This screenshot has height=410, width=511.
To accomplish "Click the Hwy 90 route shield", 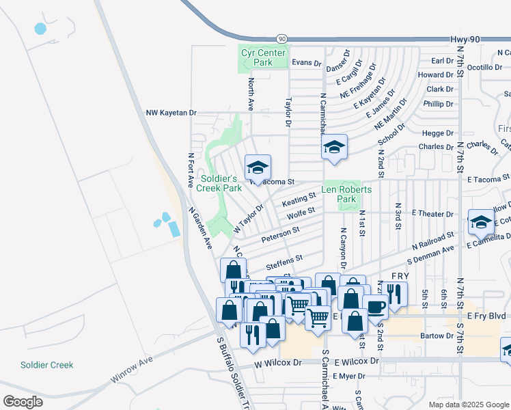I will pyautogui.click(x=281, y=40).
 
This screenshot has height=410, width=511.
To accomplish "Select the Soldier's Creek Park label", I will pyautogui.click(x=219, y=183).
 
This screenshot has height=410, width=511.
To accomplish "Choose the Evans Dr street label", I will pyautogui.click(x=307, y=63).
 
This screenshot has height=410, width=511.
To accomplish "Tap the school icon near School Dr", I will pyautogui.click(x=334, y=147).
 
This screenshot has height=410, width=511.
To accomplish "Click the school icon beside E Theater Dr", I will pyautogui.click(x=481, y=222).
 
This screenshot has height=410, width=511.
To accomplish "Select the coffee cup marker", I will pyautogui.click(x=375, y=307).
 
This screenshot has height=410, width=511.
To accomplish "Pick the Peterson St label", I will pyautogui.click(x=280, y=232).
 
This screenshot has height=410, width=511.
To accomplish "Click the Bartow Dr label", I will pyautogui.click(x=438, y=336).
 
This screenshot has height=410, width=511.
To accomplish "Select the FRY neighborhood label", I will pyautogui.click(x=400, y=276).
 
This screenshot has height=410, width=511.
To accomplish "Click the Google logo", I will pyautogui.click(x=23, y=401).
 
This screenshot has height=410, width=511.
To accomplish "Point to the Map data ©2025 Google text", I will pyautogui.click(x=467, y=405).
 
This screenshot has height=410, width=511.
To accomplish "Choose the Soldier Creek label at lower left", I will pyautogui.click(x=46, y=365).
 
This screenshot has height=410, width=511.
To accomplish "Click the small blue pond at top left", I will pyautogui.click(x=40, y=29).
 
